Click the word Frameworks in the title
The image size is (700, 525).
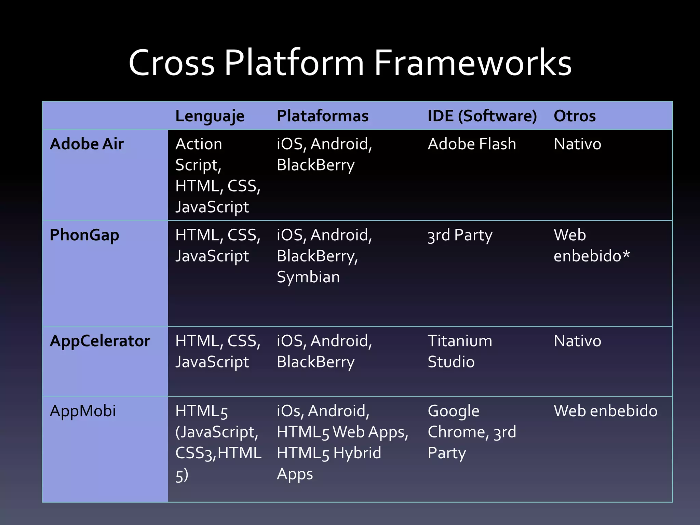coord(473,63)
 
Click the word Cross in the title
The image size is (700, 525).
coord(172,63)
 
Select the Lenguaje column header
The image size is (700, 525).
coord(210,116)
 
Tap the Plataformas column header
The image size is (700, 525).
coord(322,116)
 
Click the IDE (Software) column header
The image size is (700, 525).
coord(482,116)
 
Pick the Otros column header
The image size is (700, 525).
coord(575,116)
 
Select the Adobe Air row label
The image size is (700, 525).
coord(86,144)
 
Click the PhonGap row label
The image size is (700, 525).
coord(84,235)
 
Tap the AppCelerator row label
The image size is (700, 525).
coord(100,341)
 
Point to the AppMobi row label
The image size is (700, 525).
coord(83,411)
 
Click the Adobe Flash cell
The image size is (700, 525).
coord(472,144)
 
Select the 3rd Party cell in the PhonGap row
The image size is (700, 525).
coord(460,235)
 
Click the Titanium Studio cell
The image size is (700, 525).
coord(460,351)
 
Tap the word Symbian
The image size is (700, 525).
coord(308,277)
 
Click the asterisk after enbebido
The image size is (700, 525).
coord(626,255)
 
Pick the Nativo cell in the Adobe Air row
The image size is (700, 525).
coord(577,144)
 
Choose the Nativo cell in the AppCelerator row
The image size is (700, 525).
coord(577,341)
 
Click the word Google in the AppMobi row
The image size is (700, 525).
coord(453,411)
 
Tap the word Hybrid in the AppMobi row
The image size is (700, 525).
coord(357,453)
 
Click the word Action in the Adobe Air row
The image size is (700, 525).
coord(199,144)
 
